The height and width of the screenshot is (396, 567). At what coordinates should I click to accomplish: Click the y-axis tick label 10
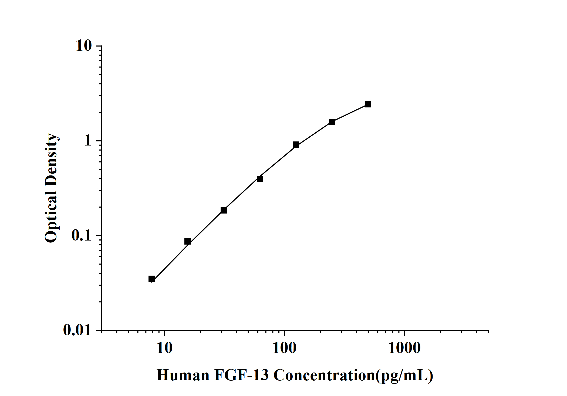[84, 46]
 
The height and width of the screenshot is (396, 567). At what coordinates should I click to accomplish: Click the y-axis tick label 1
[88, 141]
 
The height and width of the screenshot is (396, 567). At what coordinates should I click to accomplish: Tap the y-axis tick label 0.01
[77, 330]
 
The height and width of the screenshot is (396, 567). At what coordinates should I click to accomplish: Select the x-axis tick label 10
[164, 348]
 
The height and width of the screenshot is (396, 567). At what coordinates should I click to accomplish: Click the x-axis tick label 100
[284, 348]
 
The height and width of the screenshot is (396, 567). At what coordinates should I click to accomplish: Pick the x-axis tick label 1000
[404, 348]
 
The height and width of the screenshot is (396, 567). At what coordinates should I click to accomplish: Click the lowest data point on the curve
[152, 279]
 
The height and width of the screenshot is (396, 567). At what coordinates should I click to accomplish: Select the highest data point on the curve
[368, 104]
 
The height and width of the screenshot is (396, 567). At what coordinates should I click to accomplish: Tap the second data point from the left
[188, 241]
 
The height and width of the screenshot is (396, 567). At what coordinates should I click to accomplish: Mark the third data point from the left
[224, 210]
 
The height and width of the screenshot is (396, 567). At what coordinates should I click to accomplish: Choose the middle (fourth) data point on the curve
[260, 179]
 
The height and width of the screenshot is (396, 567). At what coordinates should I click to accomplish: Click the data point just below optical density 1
[296, 145]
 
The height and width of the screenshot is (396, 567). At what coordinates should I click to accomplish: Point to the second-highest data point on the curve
[332, 122]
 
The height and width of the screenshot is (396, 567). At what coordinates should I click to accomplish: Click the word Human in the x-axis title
[183, 375]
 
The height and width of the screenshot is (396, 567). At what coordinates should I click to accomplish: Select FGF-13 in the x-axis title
[241, 375]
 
